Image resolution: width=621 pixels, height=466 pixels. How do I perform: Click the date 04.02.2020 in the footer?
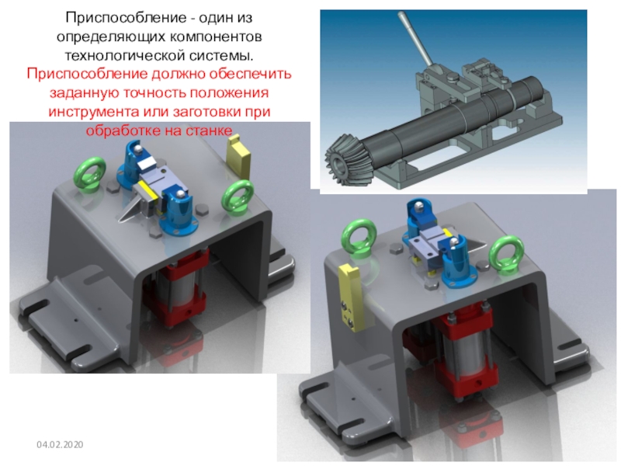(60, 444)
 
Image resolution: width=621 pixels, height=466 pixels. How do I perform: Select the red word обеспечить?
(251, 74)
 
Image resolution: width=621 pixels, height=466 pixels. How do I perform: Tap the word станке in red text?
(206, 130)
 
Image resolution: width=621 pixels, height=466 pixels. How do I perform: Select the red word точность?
(155, 93)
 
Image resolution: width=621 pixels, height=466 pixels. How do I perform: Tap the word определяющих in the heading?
(112, 37)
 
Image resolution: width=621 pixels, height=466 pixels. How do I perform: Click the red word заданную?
(85, 93)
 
